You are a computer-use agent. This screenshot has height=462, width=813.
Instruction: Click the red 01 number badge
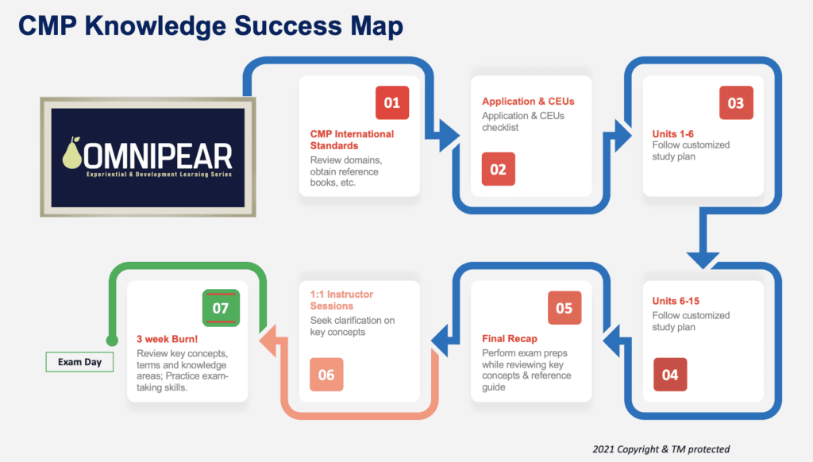391,102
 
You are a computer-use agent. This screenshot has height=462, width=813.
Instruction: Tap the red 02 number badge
498,169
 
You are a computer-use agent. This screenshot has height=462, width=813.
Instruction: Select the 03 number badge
735,103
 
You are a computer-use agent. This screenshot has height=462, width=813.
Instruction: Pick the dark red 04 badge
670,375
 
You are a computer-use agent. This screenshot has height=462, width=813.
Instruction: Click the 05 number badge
564,308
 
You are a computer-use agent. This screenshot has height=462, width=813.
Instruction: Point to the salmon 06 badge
326,375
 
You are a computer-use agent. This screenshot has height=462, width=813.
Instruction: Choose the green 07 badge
220,307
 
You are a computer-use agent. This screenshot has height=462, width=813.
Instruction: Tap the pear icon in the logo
72,153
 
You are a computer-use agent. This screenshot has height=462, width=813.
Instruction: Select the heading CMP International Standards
351,140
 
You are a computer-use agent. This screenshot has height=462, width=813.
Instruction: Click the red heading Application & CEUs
528,102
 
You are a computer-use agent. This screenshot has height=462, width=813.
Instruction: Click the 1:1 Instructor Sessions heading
341,300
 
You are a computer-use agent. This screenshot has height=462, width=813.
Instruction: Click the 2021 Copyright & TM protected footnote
661,449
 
